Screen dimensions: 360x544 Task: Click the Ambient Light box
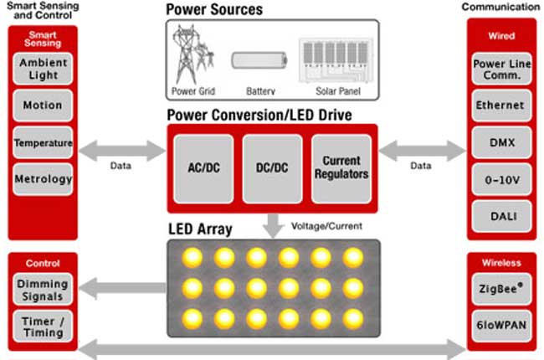point(43,68)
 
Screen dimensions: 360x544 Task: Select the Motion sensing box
point(43,105)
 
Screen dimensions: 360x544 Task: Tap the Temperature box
point(43,143)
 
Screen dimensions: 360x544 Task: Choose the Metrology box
point(43,178)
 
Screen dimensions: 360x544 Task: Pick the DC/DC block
point(272,167)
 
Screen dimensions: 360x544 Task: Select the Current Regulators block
point(341,167)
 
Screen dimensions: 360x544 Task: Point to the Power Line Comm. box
point(500,68)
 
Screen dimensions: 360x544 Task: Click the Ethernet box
point(500,105)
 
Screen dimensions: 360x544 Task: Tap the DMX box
point(500,143)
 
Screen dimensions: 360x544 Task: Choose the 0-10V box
point(500,180)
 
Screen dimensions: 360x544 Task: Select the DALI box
point(500,216)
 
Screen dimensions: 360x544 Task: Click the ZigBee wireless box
point(500,287)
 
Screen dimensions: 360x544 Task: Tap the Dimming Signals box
point(43,290)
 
